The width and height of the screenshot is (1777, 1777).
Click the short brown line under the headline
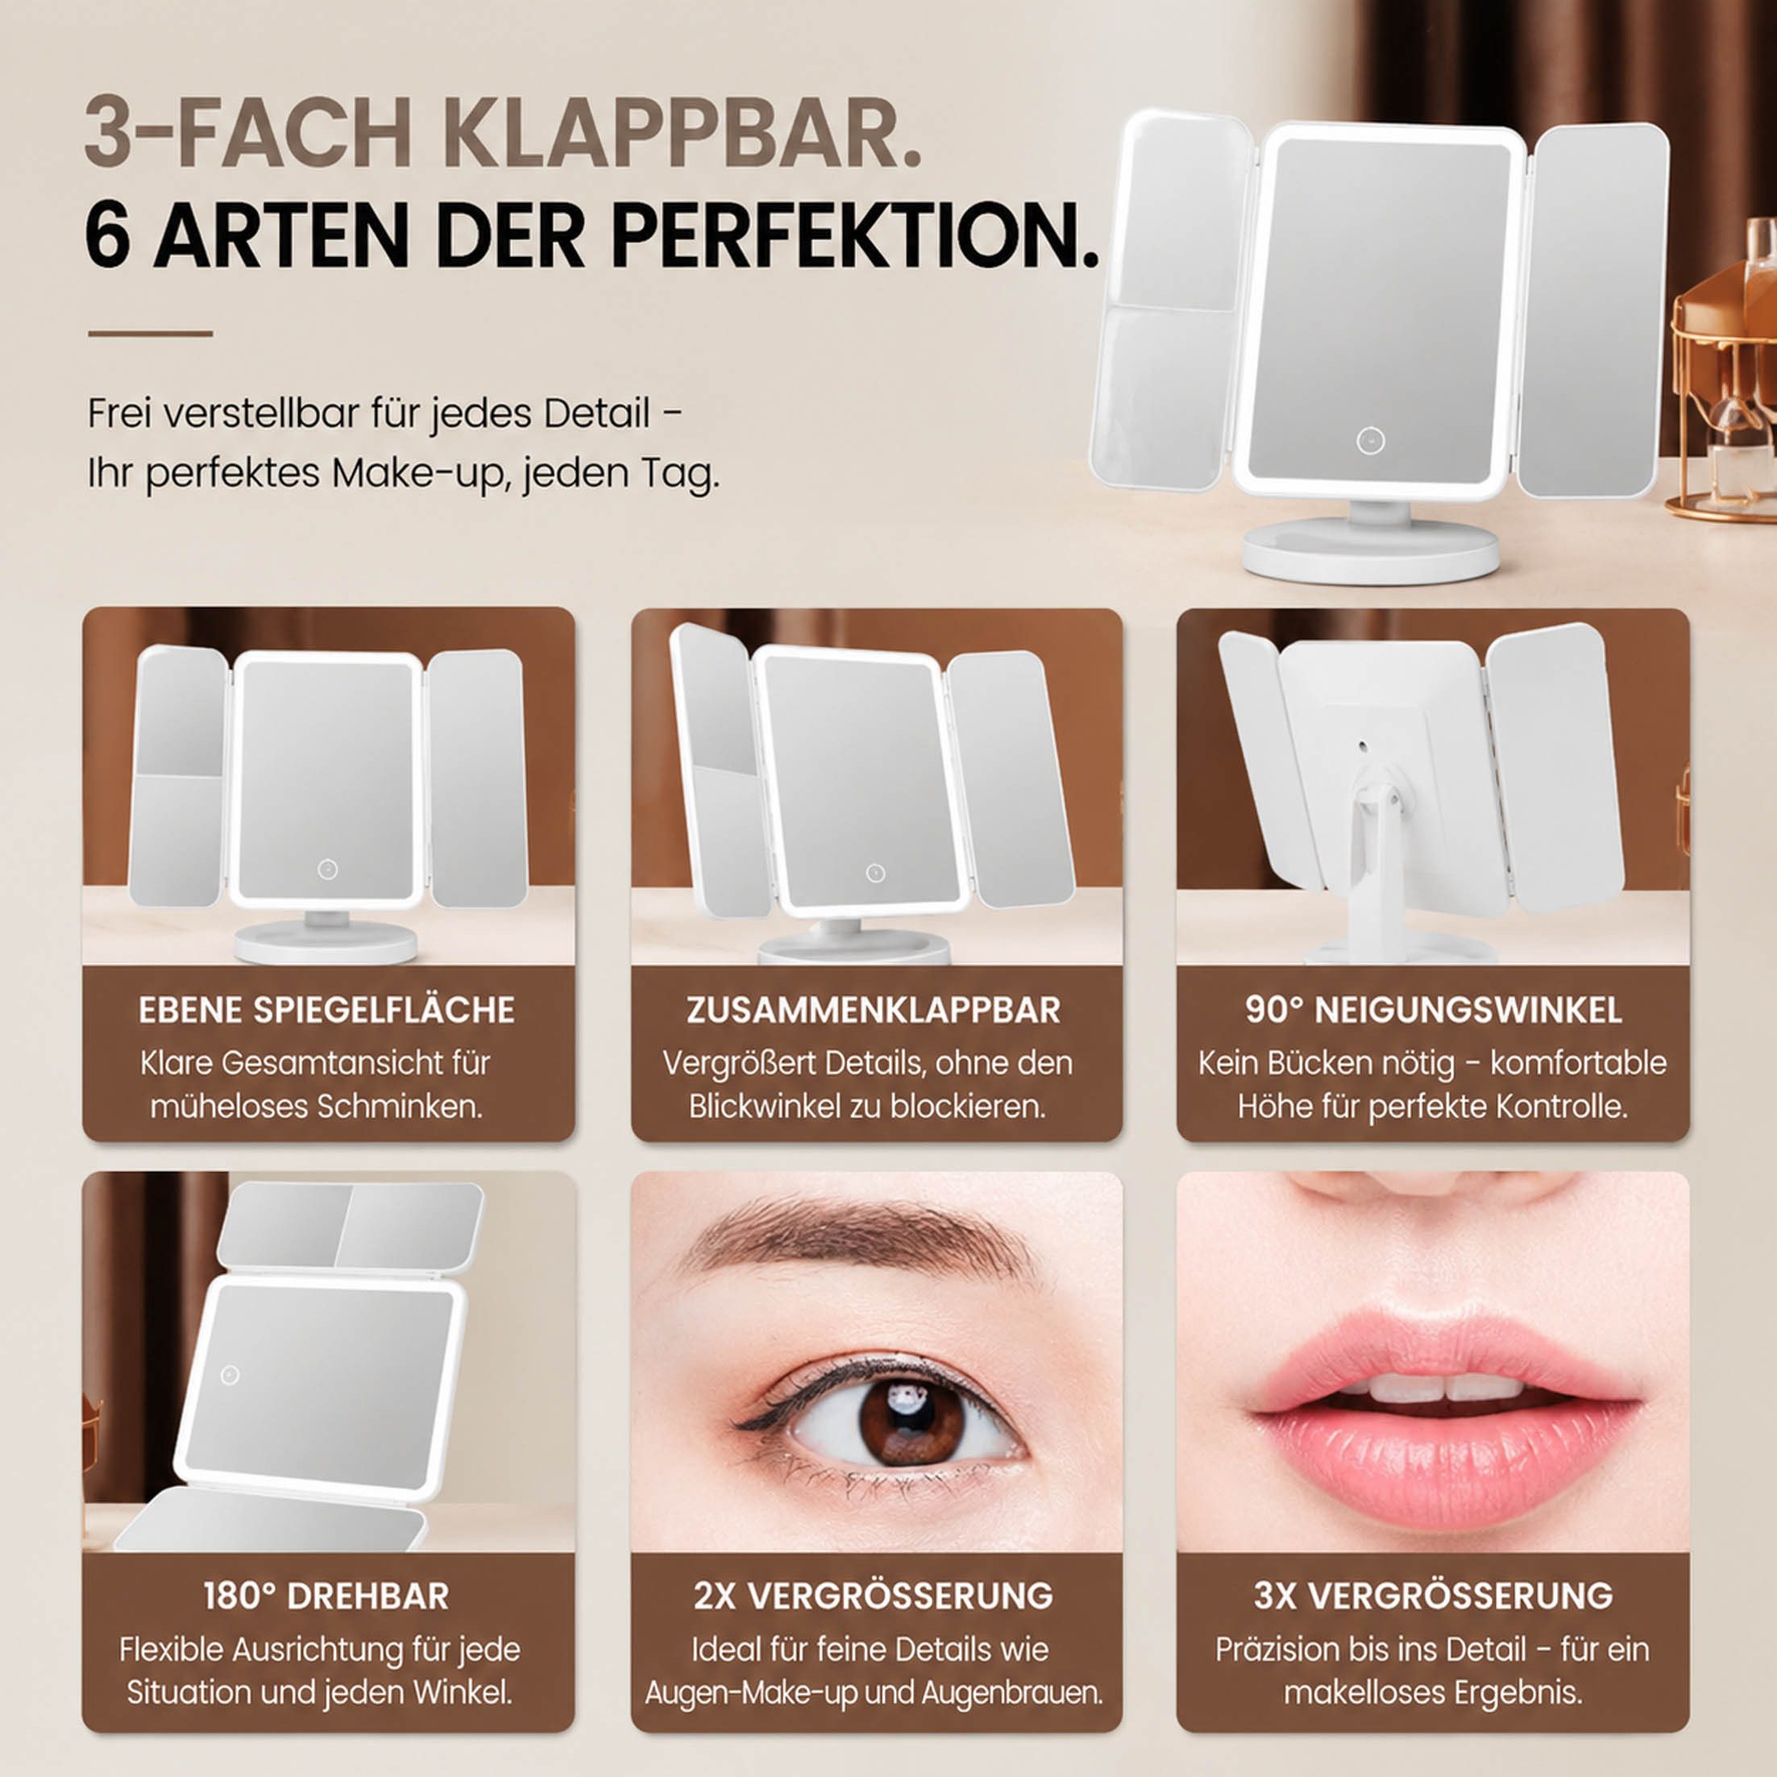151,333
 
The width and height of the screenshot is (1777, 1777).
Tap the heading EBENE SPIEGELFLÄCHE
326,1010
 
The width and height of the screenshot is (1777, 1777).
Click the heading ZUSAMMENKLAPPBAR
874,1010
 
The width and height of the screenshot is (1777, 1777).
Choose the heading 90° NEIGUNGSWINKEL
1433,1010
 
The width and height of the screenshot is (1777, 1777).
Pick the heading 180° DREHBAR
326,1596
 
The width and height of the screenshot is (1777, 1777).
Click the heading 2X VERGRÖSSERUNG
874,1596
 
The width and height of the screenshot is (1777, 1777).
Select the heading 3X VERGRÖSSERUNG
1433,1596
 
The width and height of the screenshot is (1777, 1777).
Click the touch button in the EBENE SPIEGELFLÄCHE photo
327,868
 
